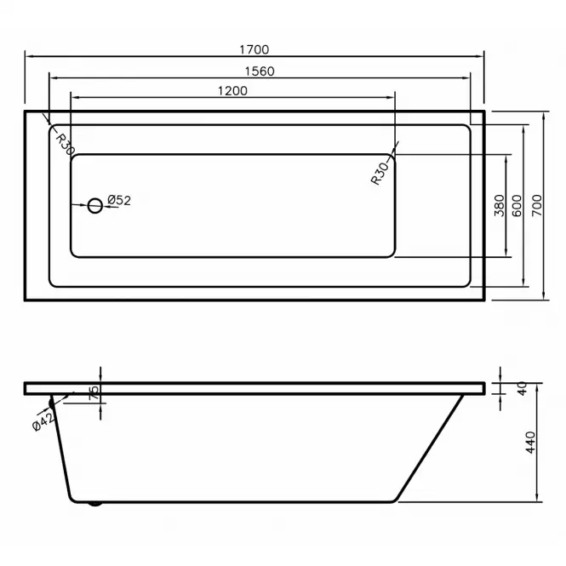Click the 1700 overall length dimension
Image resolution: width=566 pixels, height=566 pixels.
(x=254, y=49)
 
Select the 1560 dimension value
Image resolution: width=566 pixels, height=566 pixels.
(x=260, y=71)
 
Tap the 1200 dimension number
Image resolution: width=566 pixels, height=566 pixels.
(x=232, y=90)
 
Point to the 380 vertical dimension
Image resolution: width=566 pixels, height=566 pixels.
(x=500, y=205)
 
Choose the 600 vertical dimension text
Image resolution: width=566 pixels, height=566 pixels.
(x=517, y=205)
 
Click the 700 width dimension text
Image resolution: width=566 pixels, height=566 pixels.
(x=537, y=205)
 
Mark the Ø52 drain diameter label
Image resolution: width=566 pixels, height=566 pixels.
(x=119, y=200)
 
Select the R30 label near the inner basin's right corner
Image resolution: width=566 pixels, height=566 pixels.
(x=380, y=174)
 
